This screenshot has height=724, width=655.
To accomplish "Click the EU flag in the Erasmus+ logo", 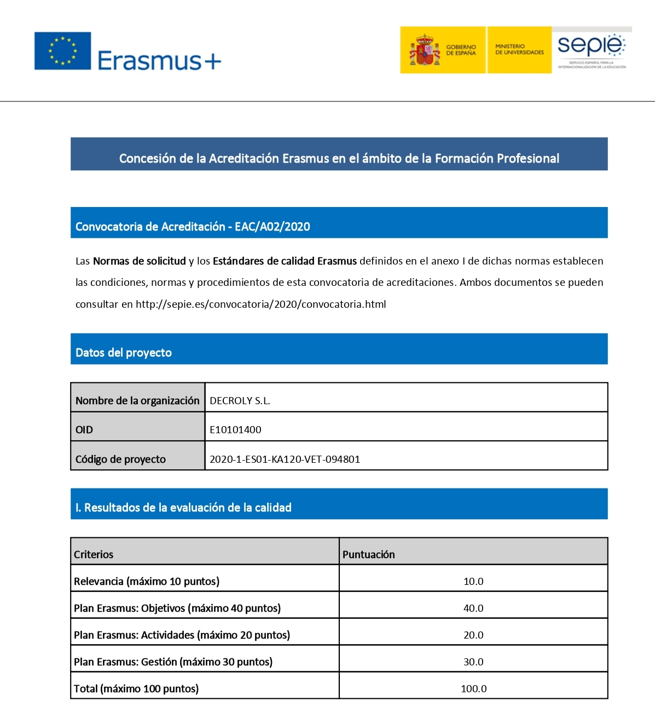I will (x=62, y=51).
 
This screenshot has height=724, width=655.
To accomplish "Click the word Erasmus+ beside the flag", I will (x=159, y=60).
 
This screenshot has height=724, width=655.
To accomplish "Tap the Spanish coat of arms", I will (x=425, y=50).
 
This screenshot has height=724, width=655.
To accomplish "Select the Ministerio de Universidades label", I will (x=519, y=50).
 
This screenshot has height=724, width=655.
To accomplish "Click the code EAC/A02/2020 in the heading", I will (x=273, y=227).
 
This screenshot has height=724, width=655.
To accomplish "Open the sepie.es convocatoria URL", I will (x=260, y=304).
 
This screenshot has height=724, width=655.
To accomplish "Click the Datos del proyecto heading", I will (x=124, y=353).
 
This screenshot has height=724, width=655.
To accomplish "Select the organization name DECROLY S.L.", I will (x=240, y=401).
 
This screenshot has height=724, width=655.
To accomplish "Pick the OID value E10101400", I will (x=235, y=430).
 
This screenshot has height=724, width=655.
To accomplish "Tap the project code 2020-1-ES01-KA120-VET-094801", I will (x=285, y=459).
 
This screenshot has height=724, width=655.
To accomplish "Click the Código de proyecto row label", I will (x=120, y=459).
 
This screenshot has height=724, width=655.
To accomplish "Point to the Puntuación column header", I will (x=368, y=555).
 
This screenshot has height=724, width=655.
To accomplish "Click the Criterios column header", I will (x=94, y=555).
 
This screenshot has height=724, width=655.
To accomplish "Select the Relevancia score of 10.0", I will (x=473, y=582).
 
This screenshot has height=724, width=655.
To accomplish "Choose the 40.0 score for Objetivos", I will (x=473, y=608).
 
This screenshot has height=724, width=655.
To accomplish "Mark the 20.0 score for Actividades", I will (x=473, y=635).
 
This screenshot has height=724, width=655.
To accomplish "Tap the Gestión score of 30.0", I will (x=473, y=662).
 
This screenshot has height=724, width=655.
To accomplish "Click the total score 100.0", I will (x=473, y=689).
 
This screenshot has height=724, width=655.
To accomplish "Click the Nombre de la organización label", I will (x=137, y=401).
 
